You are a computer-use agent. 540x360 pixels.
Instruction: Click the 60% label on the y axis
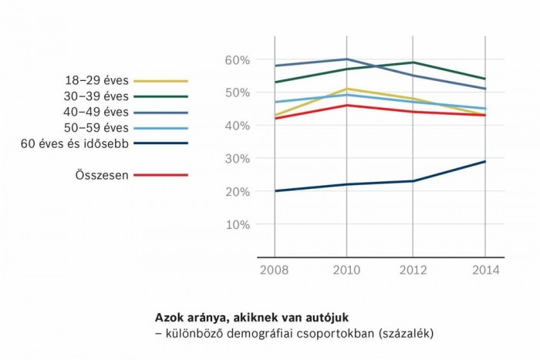click(x=237, y=60)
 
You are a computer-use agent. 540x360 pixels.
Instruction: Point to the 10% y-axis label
click(x=237, y=225)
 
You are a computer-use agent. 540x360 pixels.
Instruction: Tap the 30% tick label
click(x=237, y=159)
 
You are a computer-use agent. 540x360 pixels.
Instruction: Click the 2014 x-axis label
click(x=485, y=271)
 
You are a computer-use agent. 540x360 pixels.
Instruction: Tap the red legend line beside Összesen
click(x=160, y=175)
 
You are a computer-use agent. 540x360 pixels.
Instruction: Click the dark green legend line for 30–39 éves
click(x=160, y=96)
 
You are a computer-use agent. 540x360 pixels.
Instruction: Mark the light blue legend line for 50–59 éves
click(x=160, y=127)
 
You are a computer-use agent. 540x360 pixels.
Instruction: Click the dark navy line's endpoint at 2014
click(x=485, y=161)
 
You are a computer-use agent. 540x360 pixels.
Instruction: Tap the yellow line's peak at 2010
click(x=344, y=89)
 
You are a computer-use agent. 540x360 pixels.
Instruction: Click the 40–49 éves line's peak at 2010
click(x=344, y=59)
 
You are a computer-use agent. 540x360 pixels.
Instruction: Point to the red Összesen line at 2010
click(x=344, y=105)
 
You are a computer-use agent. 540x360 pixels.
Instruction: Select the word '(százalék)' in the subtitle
click(x=404, y=333)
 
